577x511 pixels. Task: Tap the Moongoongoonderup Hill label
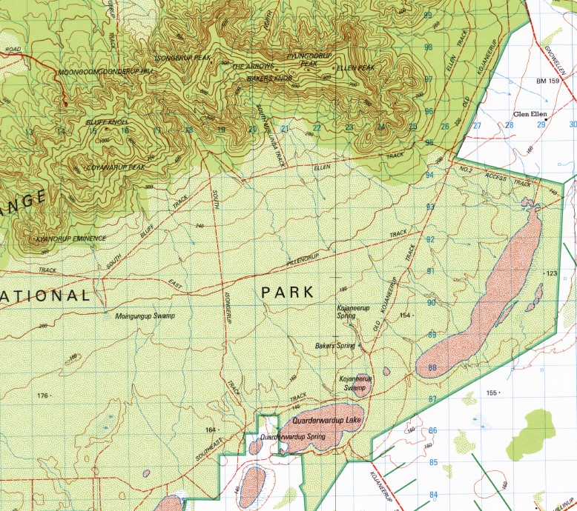(x=106, y=72)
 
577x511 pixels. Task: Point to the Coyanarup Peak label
(x=115, y=167)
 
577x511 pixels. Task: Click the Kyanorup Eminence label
(x=71, y=238)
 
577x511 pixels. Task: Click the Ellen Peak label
(x=356, y=68)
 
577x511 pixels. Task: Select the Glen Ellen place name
(x=530, y=115)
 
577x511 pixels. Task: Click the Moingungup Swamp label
(x=145, y=315)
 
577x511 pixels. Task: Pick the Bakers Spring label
(x=335, y=346)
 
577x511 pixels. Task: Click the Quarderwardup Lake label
(x=326, y=421)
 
